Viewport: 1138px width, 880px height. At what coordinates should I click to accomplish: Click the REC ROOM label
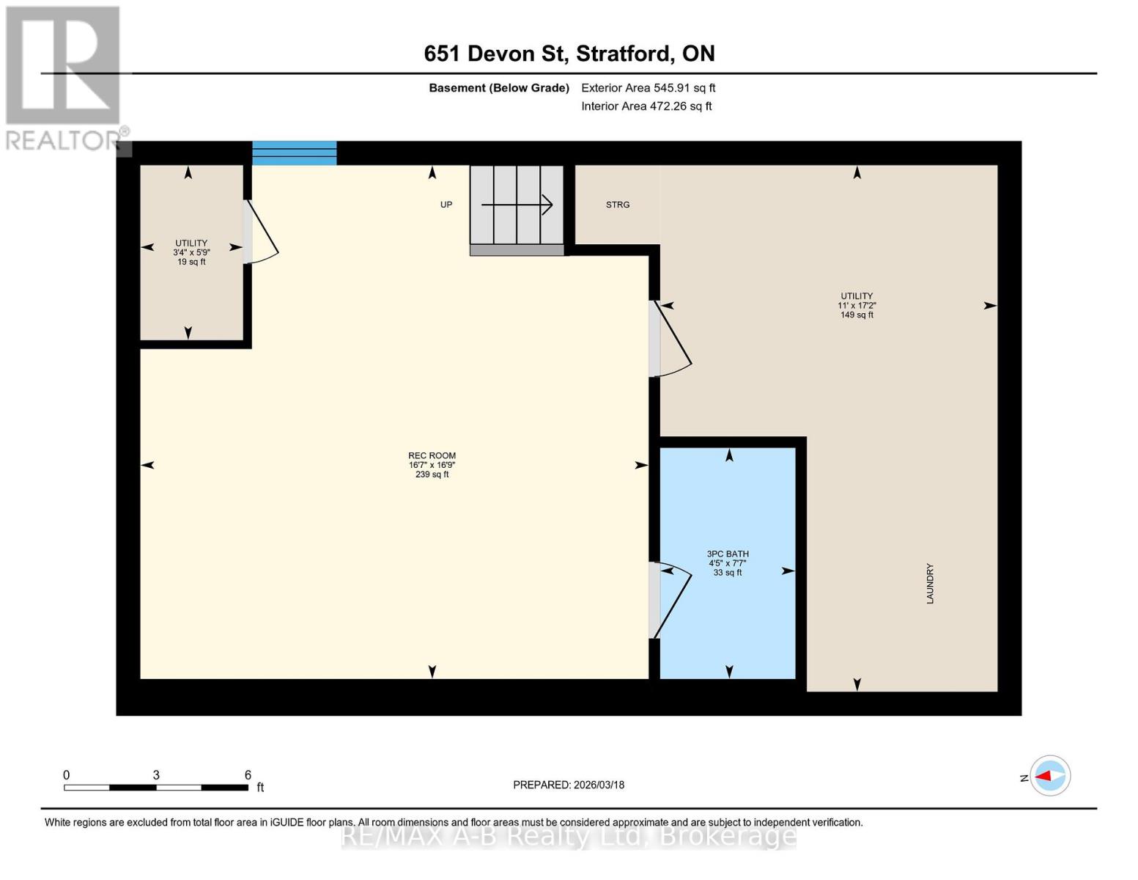pos(432,455)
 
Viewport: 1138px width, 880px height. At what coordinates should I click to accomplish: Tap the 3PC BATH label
pos(728,554)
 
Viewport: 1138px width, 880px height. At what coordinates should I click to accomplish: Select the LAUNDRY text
pos(930,584)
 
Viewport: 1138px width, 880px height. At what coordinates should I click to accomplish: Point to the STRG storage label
pos(618,205)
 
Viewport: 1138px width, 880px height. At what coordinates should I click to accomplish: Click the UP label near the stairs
pos(446,205)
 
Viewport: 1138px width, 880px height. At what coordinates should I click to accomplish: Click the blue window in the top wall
pos(295,153)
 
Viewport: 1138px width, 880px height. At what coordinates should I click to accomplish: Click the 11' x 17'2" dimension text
pos(857,306)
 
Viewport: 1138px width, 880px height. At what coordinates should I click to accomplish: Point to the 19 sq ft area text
pos(191,262)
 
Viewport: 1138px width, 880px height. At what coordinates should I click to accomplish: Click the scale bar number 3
pos(156,775)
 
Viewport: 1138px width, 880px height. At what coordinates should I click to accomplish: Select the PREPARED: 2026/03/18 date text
pos(569,785)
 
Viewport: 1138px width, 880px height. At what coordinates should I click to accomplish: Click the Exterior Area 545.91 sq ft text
pos(648,88)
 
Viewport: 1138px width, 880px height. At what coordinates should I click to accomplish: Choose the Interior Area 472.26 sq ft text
pos(646,106)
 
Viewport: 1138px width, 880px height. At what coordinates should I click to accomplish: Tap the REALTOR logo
pos(64,77)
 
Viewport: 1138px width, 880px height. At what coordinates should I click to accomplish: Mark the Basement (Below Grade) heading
pos(499,88)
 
